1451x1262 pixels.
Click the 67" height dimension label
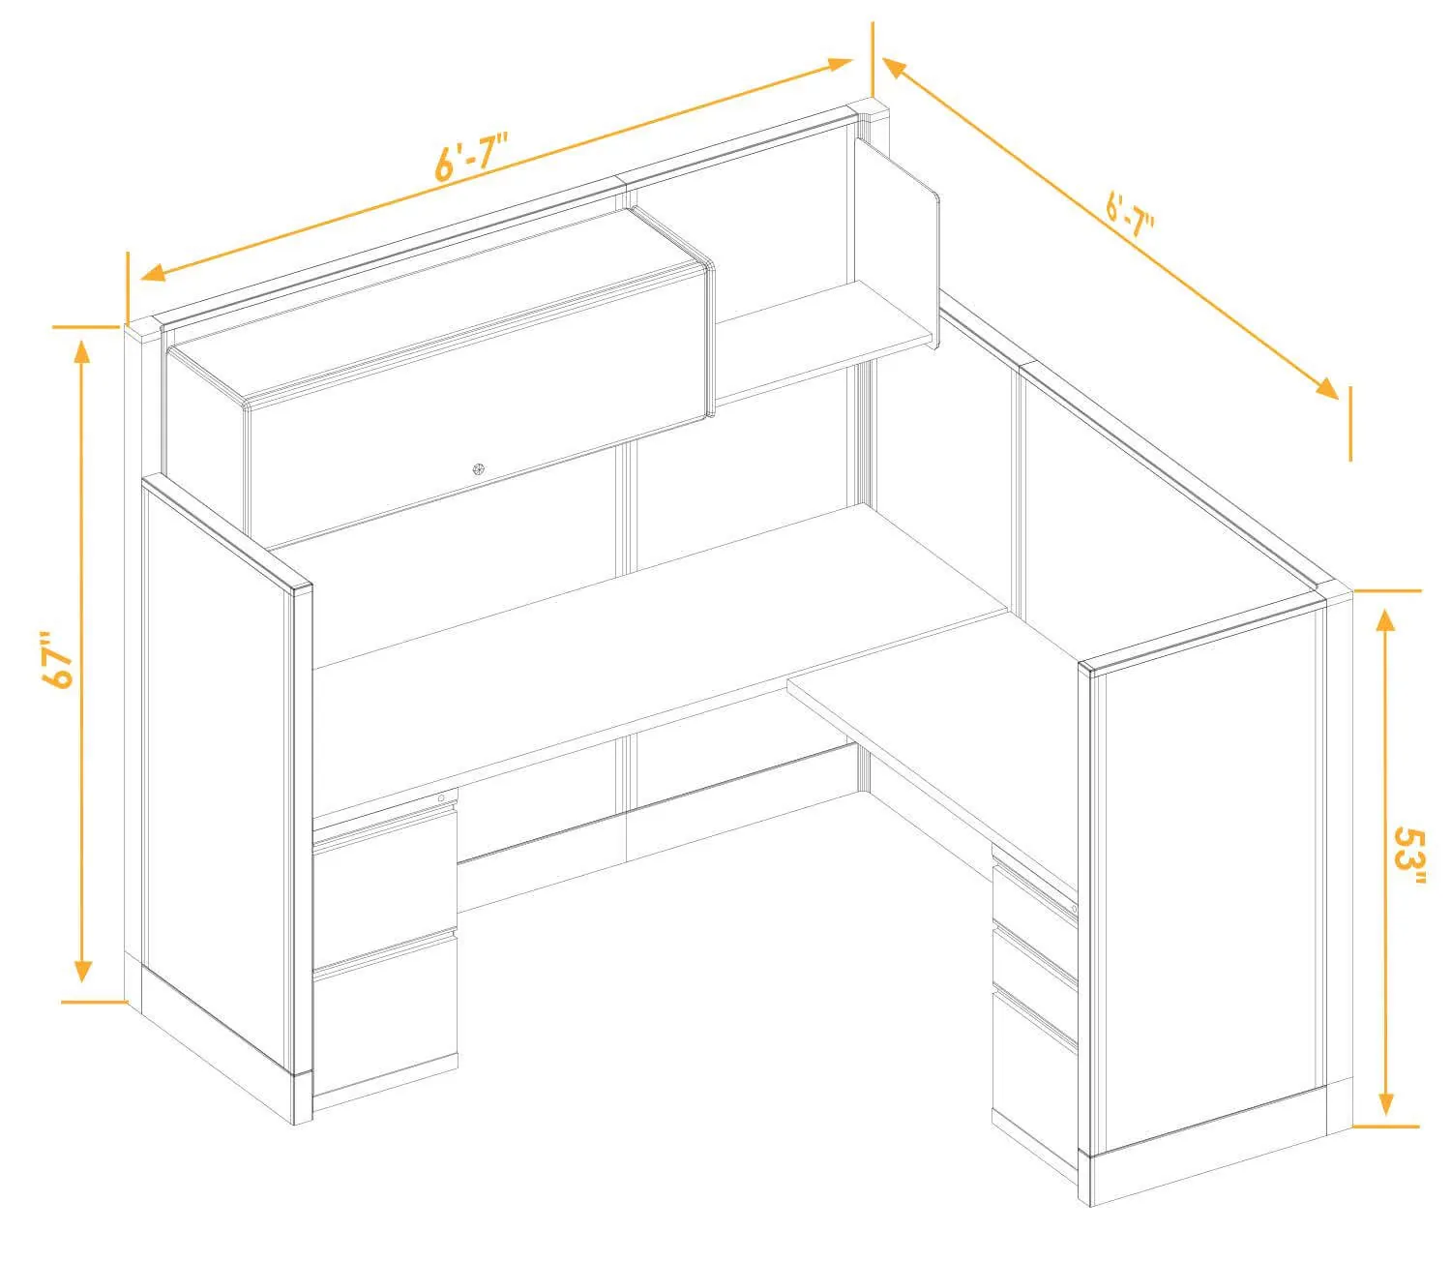[x=58, y=659]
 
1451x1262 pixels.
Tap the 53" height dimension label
[x=1408, y=856]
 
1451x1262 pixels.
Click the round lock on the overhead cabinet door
[x=479, y=469]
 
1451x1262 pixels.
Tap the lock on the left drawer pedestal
[x=441, y=798]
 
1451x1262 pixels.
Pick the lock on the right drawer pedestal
[x=1074, y=909]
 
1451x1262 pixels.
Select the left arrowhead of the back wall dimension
[x=152, y=272]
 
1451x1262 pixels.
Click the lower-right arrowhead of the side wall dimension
[x=1327, y=389]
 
